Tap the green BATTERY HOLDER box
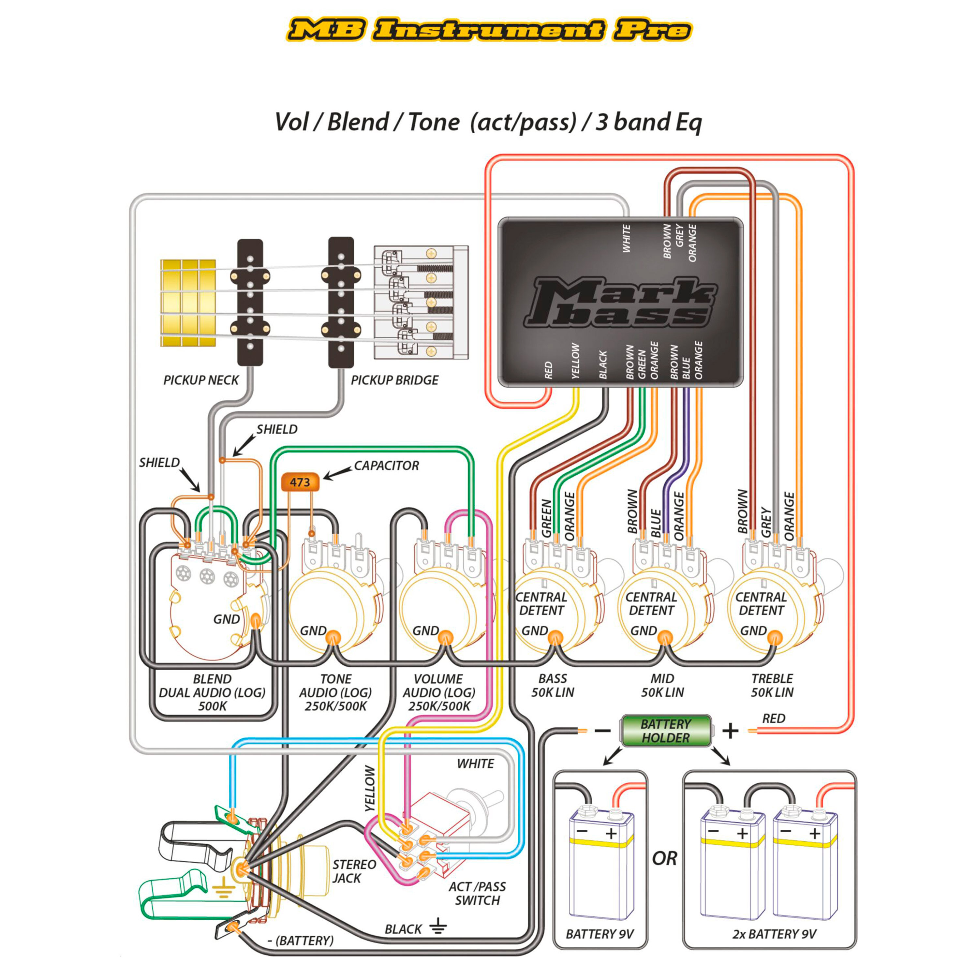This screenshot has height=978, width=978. pos(666,731)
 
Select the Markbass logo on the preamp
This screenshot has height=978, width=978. pos(620,302)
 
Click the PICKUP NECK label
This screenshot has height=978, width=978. pos(200,380)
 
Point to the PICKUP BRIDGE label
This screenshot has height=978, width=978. pos(394,380)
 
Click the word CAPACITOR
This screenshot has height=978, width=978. pos(386,466)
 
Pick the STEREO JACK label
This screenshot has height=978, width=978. pos(354,871)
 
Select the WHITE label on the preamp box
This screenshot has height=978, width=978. pos(627,239)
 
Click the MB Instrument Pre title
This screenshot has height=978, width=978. pos(489,30)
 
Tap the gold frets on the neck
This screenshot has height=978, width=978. pos(188,303)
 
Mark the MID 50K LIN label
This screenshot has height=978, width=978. pos(662,685)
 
